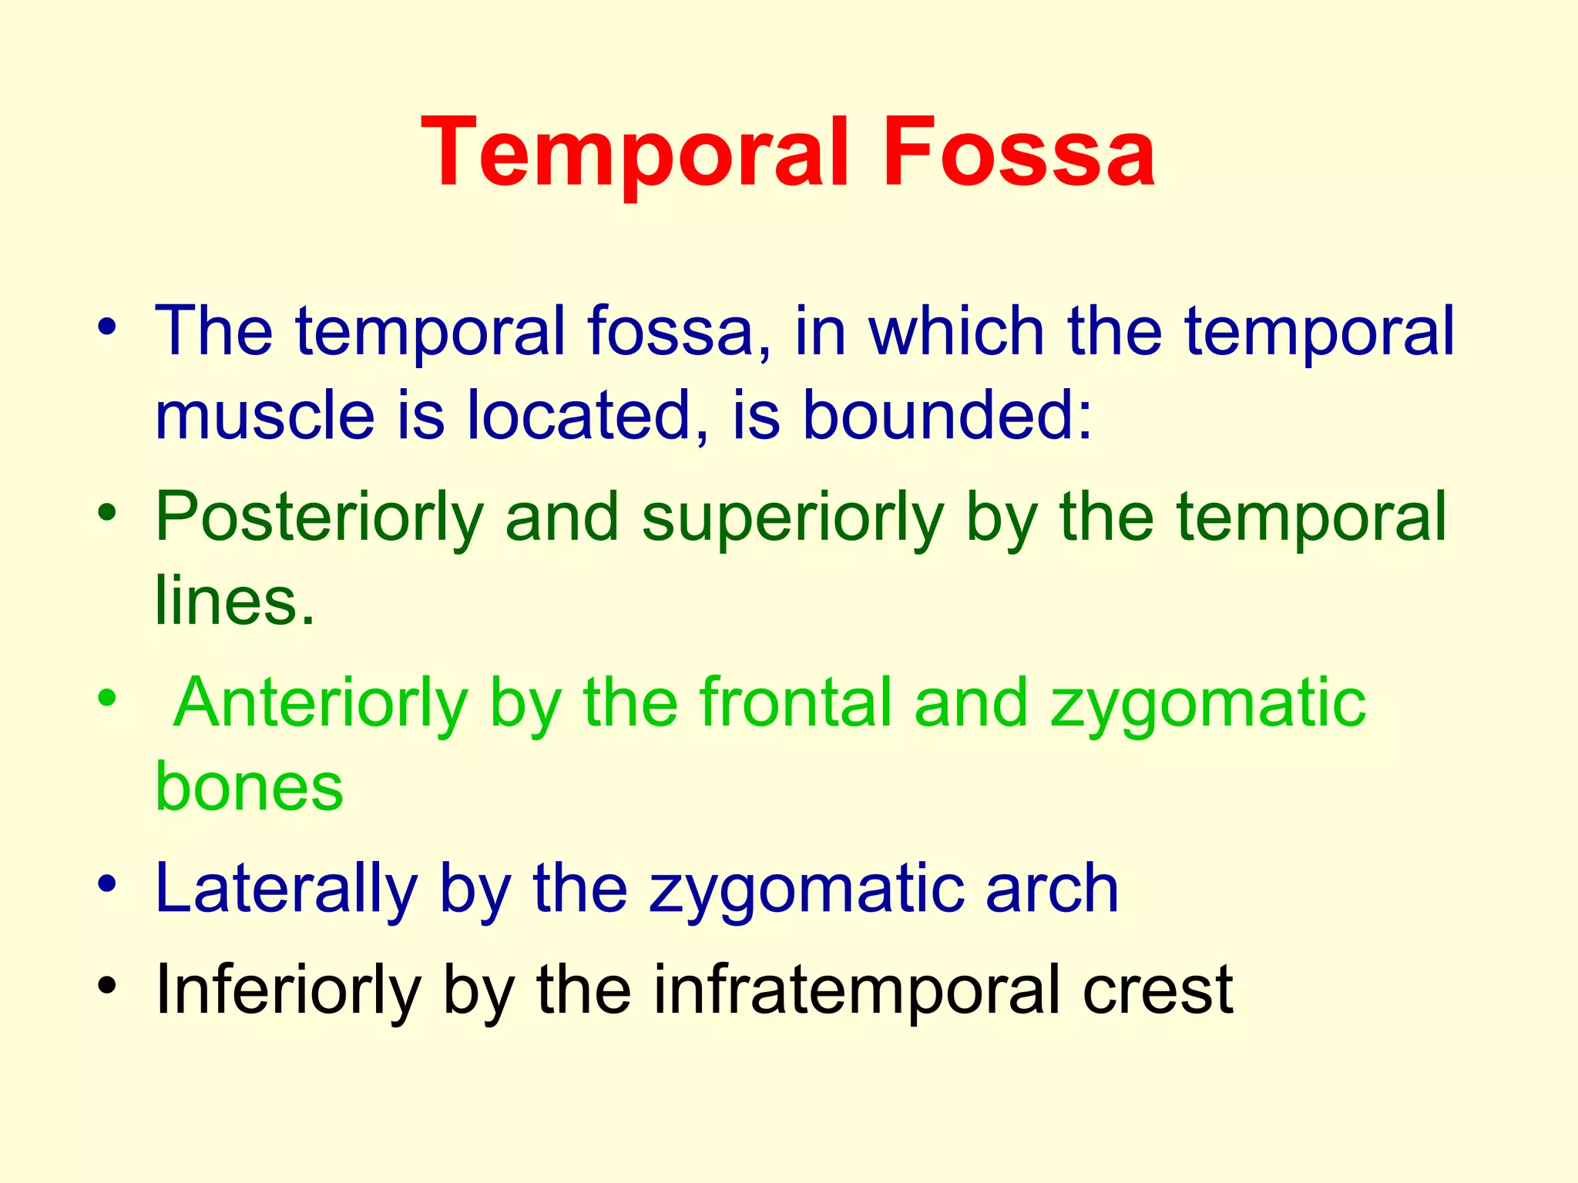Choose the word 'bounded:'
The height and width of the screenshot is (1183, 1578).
947,415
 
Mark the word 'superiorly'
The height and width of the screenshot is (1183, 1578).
793,518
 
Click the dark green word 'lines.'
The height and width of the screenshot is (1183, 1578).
235,601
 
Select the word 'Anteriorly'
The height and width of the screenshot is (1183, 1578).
321,702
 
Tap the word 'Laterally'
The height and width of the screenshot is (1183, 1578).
286,889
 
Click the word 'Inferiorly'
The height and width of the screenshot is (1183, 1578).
289,990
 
